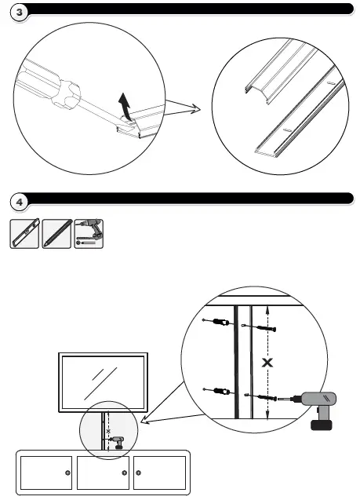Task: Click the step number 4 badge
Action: pos(18,200)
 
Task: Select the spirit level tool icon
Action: pos(24,235)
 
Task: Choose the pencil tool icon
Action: pos(56,235)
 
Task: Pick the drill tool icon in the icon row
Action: pos(89,235)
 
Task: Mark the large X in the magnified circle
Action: pos(268,362)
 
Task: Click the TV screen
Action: pos(102,383)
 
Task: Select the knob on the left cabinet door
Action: pos(67,473)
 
